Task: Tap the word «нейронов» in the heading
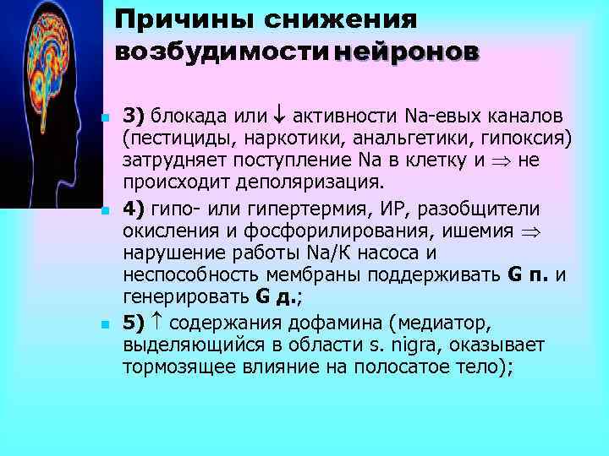(x=407, y=52)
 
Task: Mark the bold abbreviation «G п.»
(x=528, y=276)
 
